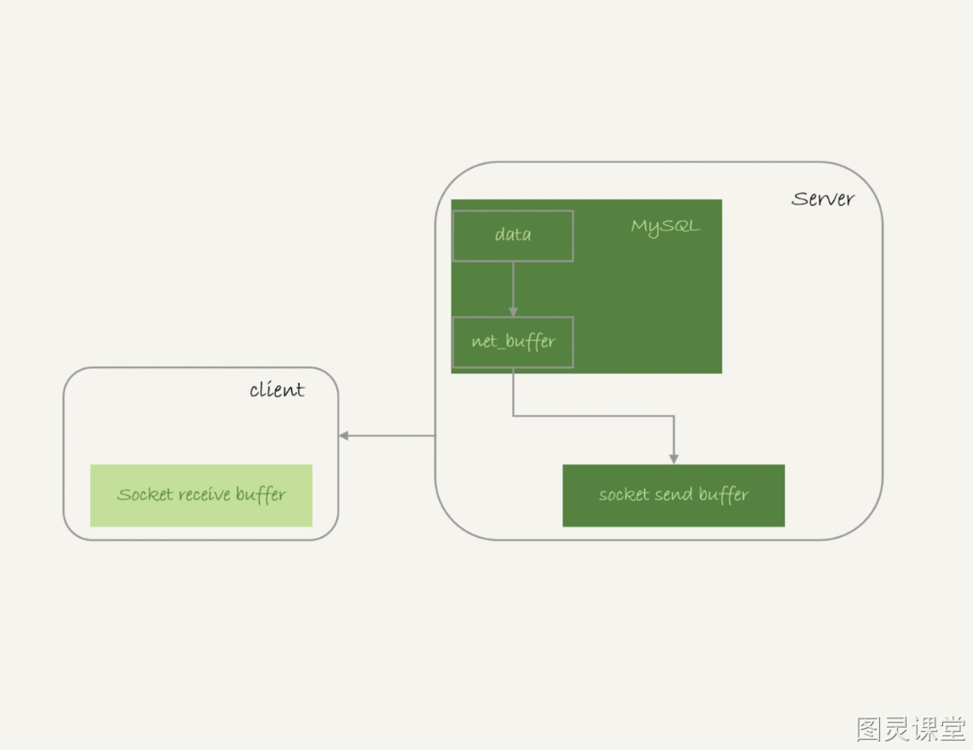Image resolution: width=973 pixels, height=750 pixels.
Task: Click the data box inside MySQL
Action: pyautogui.click(x=513, y=236)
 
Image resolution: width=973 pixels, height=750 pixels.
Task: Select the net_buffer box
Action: pyautogui.click(x=513, y=342)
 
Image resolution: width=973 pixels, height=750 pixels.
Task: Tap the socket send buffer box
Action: pyautogui.click(x=673, y=495)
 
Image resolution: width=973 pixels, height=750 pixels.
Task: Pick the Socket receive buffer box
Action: pyautogui.click(x=201, y=495)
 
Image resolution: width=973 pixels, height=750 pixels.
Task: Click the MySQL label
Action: pyautogui.click(x=665, y=227)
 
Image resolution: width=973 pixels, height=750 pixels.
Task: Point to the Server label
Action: pyautogui.click(x=823, y=199)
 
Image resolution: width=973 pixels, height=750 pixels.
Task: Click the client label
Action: pyautogui.click(x=277, y=389)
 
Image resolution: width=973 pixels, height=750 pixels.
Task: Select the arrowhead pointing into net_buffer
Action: pyautogui.click(x=513, y=312)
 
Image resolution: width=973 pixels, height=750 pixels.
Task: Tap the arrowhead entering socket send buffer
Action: pyautogui.click(x=674, y=459)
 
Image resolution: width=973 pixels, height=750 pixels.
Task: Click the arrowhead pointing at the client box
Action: pyautogui.click(x=343, y=436)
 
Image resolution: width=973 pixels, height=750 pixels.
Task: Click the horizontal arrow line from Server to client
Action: pyautogui.click(x=387, y=436)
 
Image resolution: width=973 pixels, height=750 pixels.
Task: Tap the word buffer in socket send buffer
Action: pyautogui.click(x=723, y=495)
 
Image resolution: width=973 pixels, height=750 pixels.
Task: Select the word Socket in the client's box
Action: pyautogui.click(x=145, y=494)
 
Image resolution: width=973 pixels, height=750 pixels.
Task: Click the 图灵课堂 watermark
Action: pyautogui.click(x=910, y=729)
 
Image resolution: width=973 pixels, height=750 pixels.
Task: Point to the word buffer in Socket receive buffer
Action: pyautogui.click(x=261, y=495)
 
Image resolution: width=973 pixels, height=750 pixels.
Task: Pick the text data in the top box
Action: pyautogui.click(x=513, y=234)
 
